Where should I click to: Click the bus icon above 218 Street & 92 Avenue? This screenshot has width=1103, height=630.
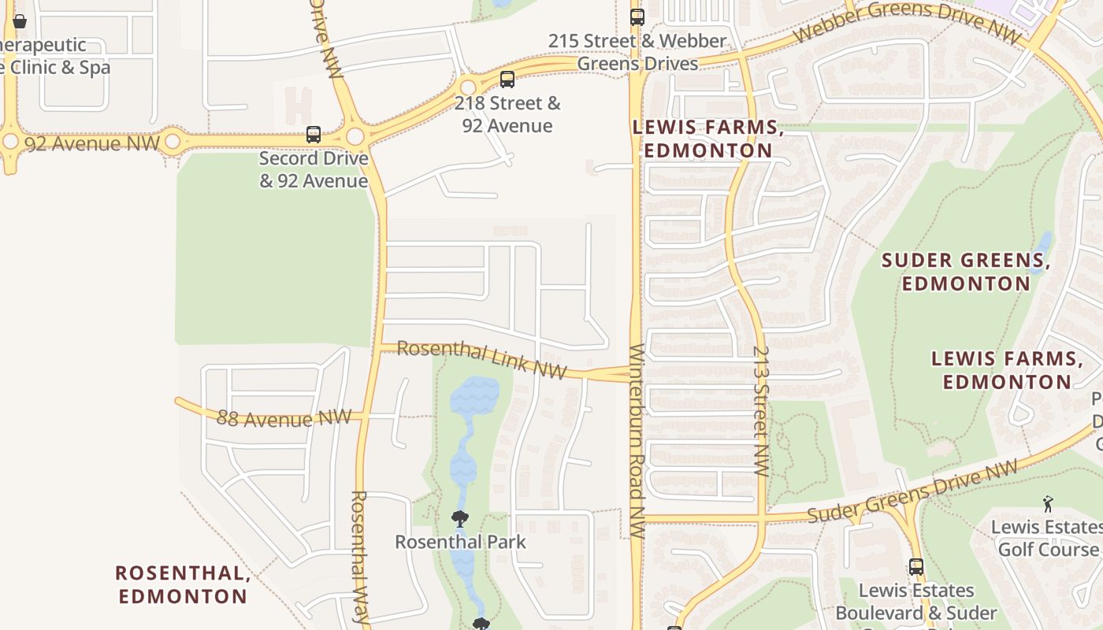(x=507, y=80)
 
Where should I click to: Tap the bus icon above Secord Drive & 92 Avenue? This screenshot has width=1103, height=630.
(x=314, y=135)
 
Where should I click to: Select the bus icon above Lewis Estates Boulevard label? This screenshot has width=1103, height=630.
(x=915, y=567)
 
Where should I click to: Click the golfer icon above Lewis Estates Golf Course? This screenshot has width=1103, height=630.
(x=1048, y=504)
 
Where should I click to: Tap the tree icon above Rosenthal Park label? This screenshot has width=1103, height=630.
(x=460, y=519)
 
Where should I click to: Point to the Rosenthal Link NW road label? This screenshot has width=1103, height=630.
(x=481, y=359)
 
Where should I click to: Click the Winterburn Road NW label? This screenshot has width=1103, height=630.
(x=637, y=441)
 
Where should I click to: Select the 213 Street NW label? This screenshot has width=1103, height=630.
(x=760, y=411)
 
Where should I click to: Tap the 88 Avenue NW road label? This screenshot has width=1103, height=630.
(x=284, y=417)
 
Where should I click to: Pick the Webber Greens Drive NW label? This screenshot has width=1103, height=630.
(x=906, y=22)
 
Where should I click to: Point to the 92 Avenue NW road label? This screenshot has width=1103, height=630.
(x=92, y=144)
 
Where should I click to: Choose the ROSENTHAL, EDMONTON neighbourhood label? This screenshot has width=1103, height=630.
(x=183, y=584)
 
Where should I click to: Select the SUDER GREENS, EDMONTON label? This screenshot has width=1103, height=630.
(x=966, y=272)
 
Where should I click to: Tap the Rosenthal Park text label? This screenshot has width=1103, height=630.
(x=460, y=542)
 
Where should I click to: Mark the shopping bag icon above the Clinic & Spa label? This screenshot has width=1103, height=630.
(x=20, y=21)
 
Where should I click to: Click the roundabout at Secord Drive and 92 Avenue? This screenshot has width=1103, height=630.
(x=355, y=136)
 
